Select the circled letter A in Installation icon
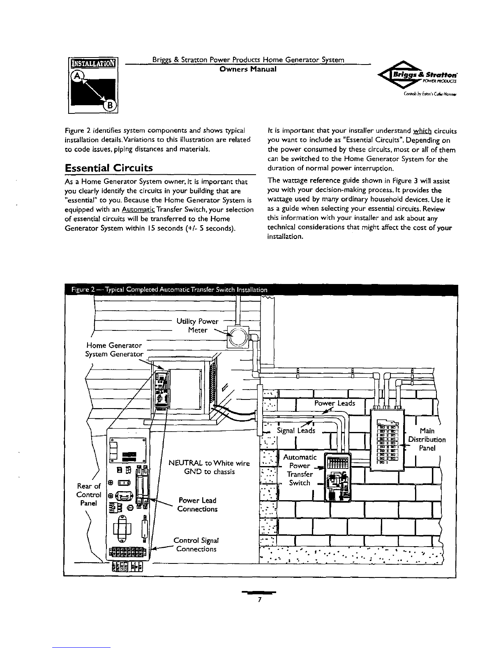coord(76,76)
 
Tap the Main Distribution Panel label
coord(427,439)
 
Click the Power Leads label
coord(334,403)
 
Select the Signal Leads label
coord(296,430)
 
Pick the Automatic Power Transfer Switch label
coord(300,470)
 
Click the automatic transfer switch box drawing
coord(337,477)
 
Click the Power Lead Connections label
coord(197,505)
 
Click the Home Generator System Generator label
coord(114,350)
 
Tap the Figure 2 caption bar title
coord(166,291)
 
